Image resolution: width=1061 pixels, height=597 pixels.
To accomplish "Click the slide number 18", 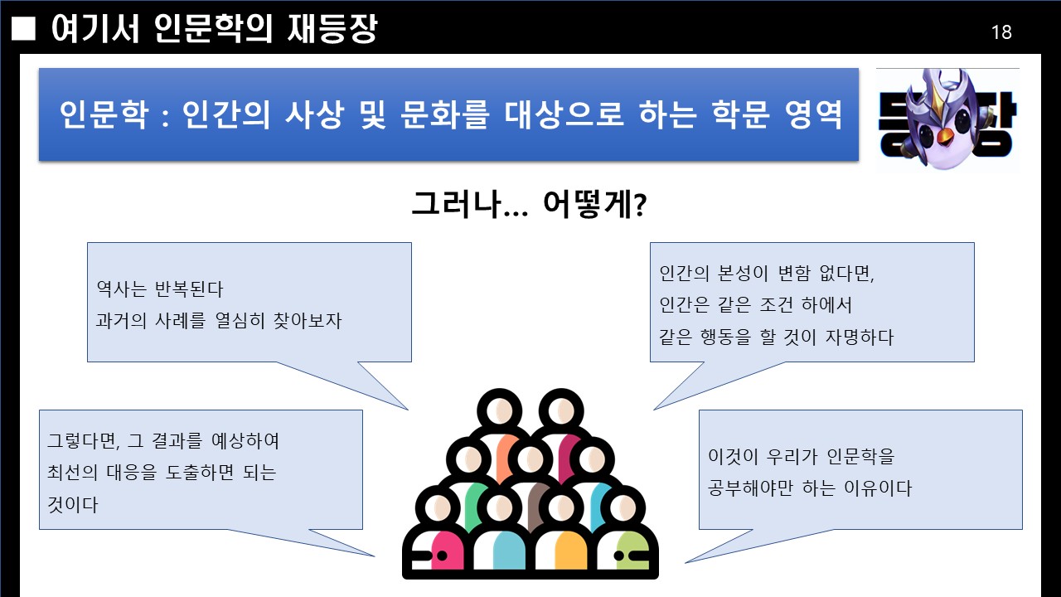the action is click(1001, 32).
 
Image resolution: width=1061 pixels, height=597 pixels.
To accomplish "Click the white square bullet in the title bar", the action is click(25, 30).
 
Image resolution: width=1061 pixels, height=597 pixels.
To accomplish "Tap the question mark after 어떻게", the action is click(640, 205).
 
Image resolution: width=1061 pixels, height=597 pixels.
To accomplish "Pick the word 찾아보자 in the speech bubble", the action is click(308, 320).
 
